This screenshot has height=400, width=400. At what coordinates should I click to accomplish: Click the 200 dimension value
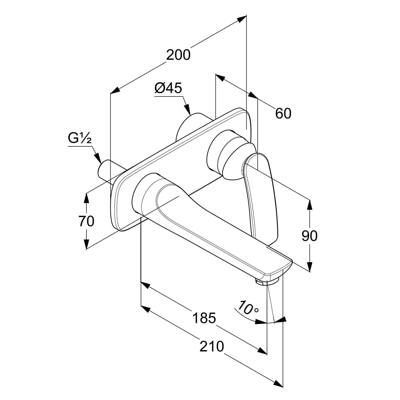point(178,55)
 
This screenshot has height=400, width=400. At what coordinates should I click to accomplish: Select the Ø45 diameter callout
point(168,88)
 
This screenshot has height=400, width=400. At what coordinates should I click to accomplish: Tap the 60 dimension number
point(283,114)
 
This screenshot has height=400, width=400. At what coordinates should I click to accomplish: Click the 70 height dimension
point(86,221)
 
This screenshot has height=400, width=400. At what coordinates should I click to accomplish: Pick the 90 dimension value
point(309,236)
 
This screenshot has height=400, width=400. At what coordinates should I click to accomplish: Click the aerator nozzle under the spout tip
point(267,281)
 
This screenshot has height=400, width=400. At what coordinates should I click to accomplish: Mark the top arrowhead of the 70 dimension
point(86,197)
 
